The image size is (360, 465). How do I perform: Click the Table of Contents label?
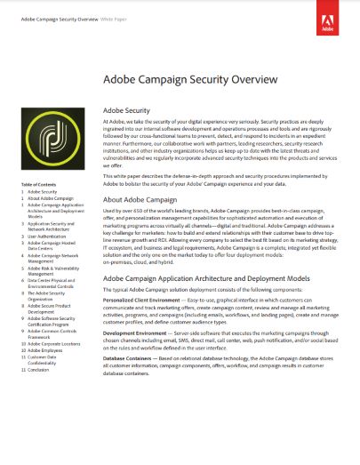[39, 184]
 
